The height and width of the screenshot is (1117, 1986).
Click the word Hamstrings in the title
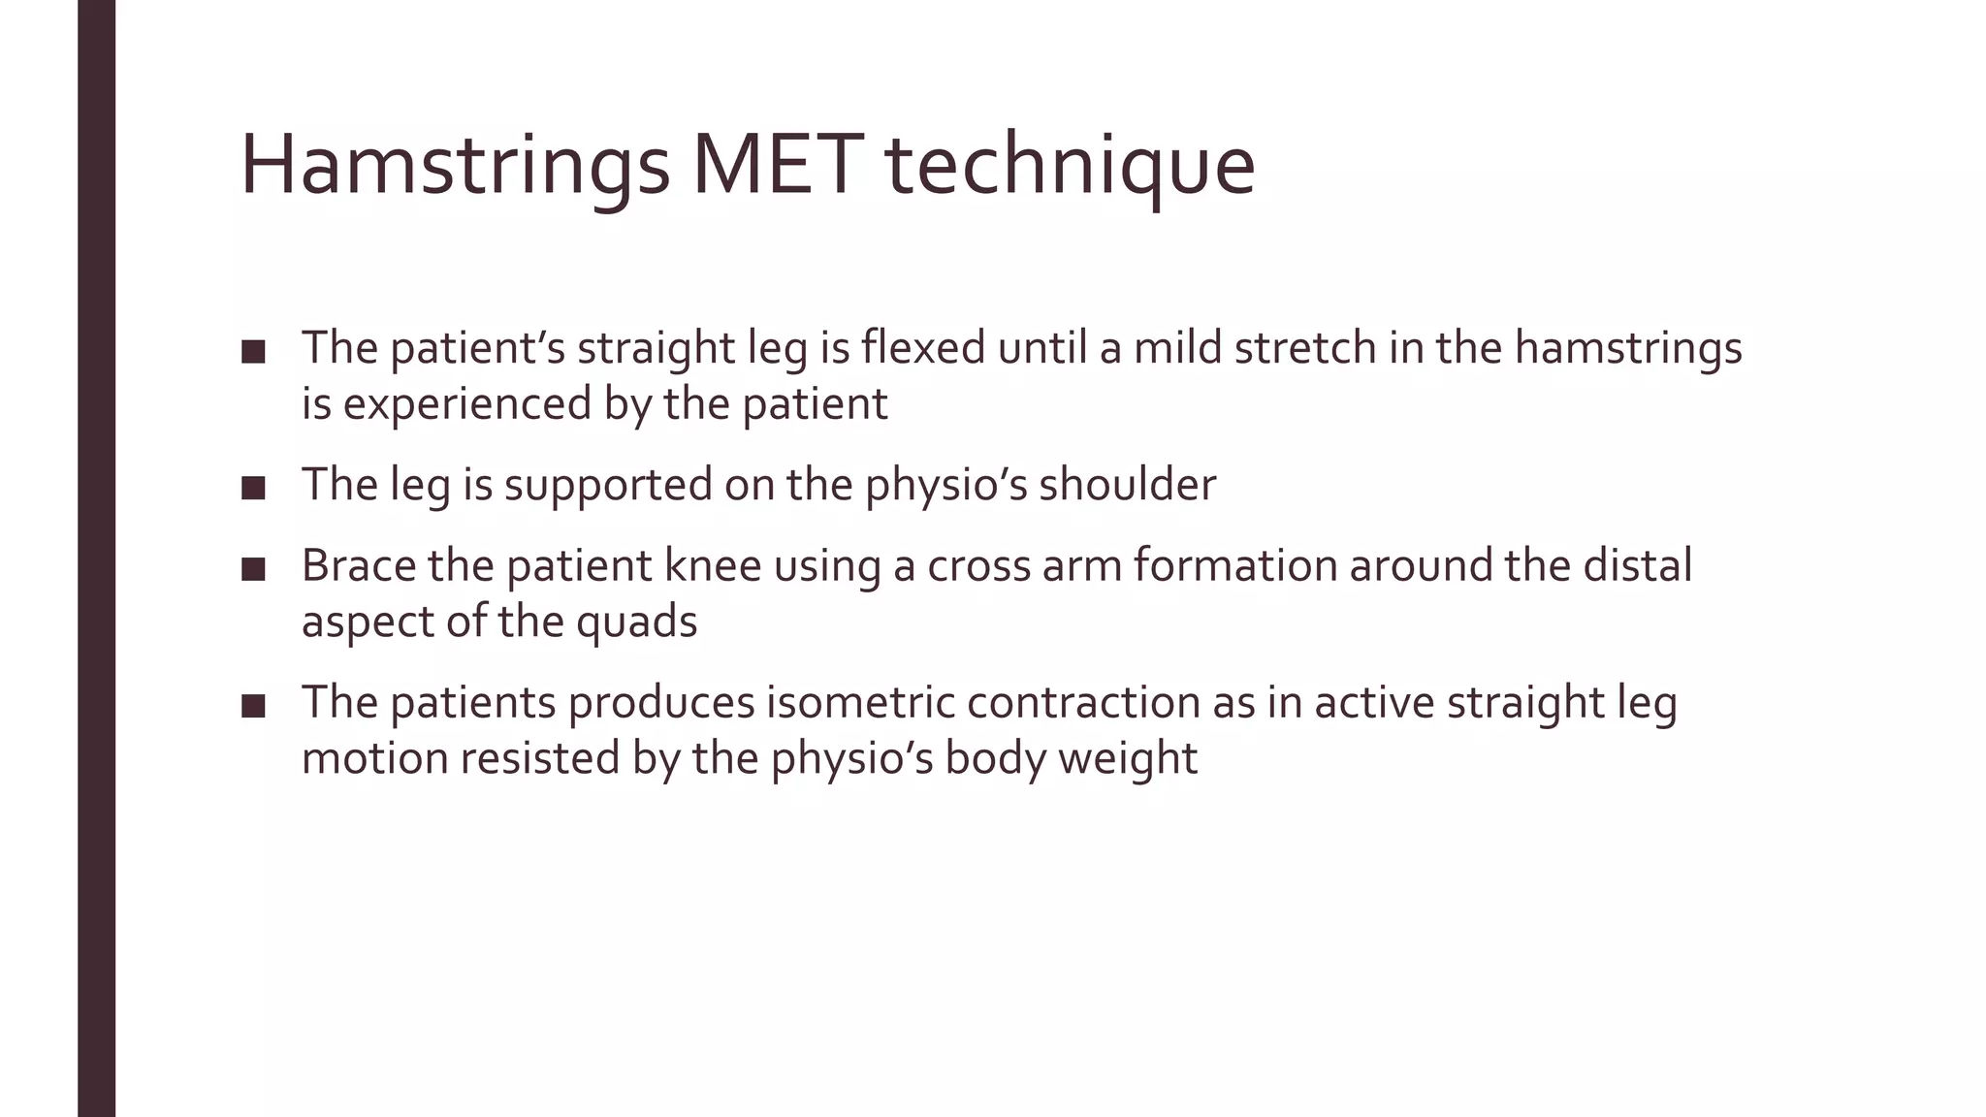click(454, 167)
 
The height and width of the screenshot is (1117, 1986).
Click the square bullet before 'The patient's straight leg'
click(253, 351)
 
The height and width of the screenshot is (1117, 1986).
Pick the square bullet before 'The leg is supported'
click(253, 488)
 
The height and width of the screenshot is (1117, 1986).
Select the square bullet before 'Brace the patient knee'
click(253, 569)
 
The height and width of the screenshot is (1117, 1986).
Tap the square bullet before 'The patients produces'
click(253, 706)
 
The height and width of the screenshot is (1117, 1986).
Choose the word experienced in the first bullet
click(466, 404)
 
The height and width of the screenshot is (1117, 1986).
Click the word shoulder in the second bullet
click(1127, 485)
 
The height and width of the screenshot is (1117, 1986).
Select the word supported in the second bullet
click(608, 485)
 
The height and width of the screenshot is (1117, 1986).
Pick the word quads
click(636, 622)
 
